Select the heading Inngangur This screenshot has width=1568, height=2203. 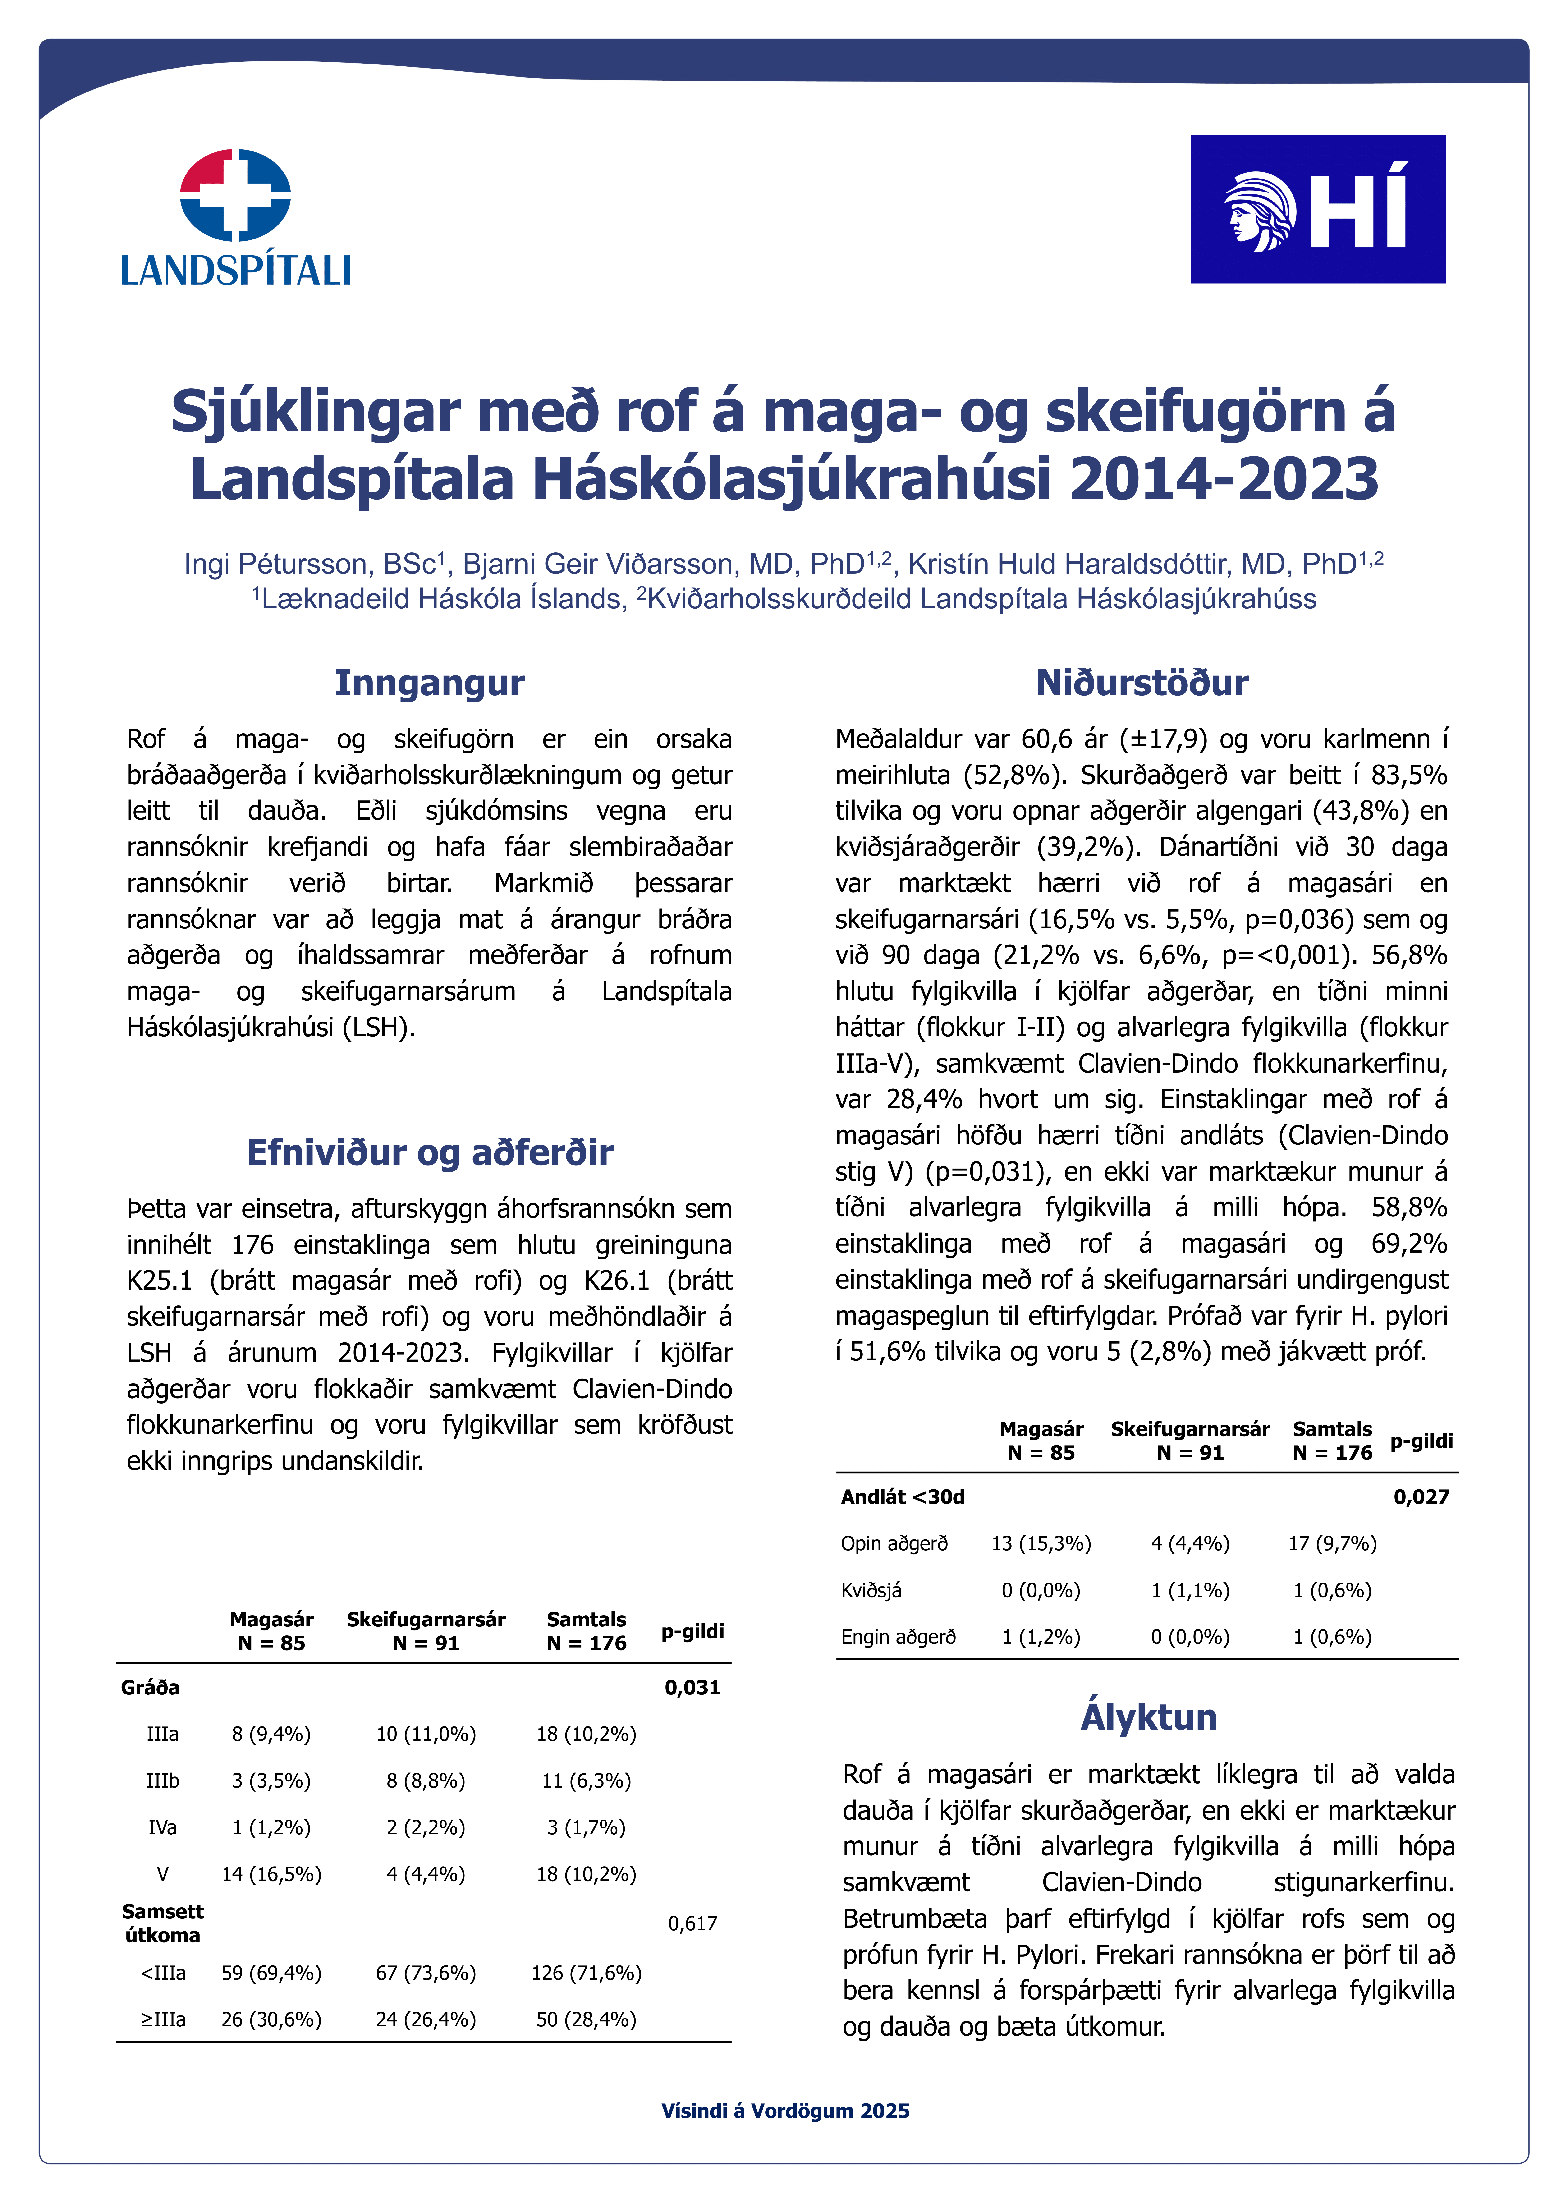coord(430,683)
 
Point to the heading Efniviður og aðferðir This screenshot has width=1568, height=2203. coord(430,1152)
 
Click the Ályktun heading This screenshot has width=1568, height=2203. coord(1148,1717)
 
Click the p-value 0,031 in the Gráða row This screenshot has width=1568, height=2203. coord(692,1688)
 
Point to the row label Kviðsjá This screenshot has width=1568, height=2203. coord(871,1590)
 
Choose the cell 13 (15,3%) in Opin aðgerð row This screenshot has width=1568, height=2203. coord(1041,1544)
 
